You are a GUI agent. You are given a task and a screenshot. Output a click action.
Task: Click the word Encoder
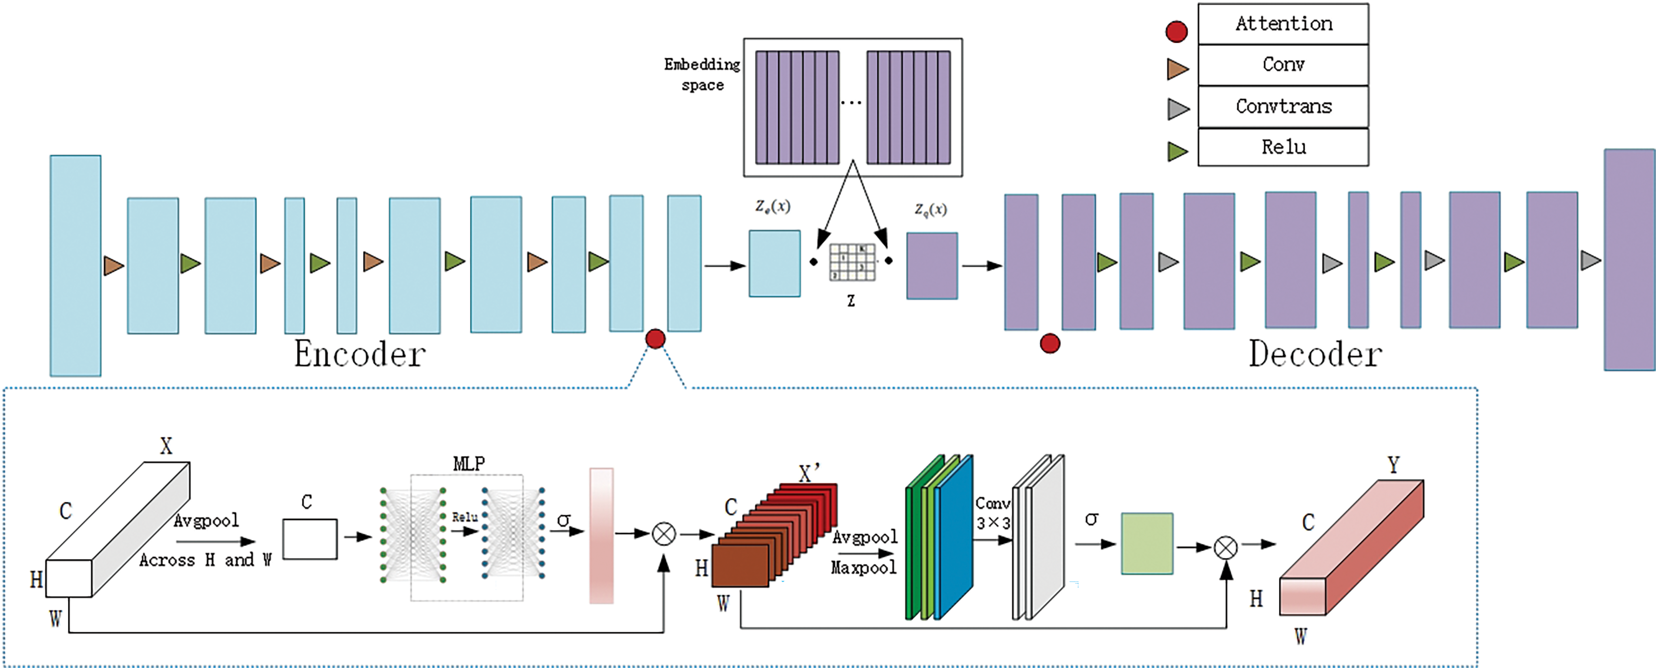360,354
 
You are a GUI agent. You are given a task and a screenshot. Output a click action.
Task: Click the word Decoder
1315,354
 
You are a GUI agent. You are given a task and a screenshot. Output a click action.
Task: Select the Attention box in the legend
1283,24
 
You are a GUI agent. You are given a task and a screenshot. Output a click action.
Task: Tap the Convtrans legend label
1283,106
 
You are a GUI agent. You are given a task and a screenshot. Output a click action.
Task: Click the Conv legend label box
1283,64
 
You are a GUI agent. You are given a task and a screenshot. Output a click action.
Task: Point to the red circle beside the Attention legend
1177,31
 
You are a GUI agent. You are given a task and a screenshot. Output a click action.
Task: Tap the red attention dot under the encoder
655,339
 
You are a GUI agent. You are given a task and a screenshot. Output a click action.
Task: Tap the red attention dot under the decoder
1050,343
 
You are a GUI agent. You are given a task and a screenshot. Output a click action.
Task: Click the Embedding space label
702,74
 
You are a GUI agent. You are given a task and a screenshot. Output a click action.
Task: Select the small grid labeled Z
852,263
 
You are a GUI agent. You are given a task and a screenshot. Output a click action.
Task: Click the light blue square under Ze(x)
774,263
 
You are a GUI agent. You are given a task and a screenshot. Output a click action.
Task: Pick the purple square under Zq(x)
932,266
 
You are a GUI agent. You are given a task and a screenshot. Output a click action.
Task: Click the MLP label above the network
469,463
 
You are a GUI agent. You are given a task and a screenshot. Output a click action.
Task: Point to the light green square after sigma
1147,543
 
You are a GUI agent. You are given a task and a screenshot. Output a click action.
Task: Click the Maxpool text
863,568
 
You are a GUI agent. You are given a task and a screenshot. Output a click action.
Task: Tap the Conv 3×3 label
993,513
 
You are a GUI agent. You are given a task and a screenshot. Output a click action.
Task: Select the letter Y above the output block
1393,465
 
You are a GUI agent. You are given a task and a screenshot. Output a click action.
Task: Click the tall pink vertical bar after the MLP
601,535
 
